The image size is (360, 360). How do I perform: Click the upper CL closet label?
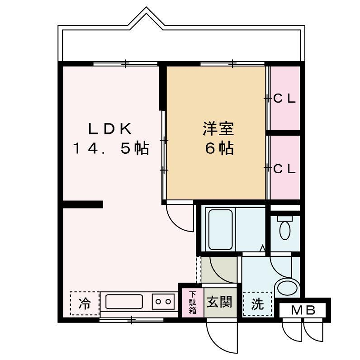coord(284,99)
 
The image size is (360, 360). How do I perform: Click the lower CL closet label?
coord(284,167)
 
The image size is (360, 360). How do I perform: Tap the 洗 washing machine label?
coord(257,304)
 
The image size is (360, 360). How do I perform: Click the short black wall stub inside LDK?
coord(82,207)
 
